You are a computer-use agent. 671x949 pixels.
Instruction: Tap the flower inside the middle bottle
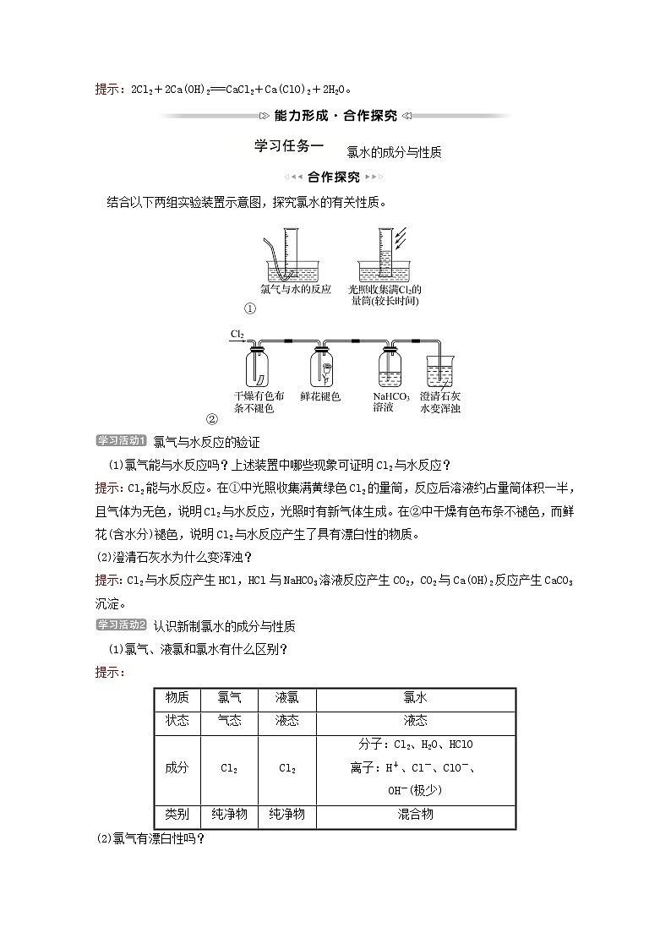tap(326, 368)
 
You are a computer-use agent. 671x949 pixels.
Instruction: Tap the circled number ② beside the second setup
tap(212, 418)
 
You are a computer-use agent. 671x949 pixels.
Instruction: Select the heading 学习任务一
tap(289, 145)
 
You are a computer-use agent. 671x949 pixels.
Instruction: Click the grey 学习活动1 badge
tap(123, 440)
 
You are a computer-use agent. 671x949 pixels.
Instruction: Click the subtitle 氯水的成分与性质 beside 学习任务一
tap(394, 153)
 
